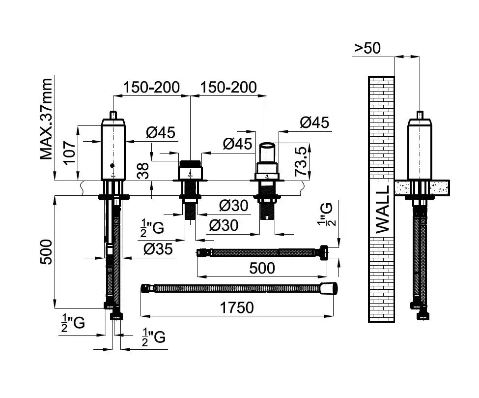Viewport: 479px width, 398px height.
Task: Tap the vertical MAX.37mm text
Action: (x=47, y=119)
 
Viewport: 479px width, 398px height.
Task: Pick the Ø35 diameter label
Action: (x=158, y=250)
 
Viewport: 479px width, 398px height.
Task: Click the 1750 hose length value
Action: (x=237, y=307)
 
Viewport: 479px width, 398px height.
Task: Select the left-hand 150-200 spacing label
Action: (x=152, y=87)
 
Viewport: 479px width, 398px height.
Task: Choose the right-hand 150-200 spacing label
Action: (x=228, y=87)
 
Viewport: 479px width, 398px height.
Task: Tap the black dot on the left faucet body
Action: (x=113, y=166)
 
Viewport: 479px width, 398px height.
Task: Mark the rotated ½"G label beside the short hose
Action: (x=325, y=215)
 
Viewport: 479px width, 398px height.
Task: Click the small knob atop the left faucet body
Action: (x=113, y=115)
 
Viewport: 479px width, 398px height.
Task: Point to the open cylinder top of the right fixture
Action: (x=267, y=146)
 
